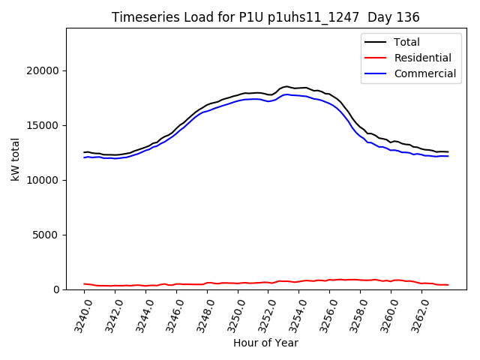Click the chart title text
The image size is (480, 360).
pyautogui.click(x=265, y=17)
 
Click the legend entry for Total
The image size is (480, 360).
pyautogui.click(x=406, y=42)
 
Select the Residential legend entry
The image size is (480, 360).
pyautogui.click(x=422, y=58)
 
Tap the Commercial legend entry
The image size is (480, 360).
pyautogui.click(x=424, y=73)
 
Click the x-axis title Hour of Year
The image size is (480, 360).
pyautogui.click(x=265, y=343)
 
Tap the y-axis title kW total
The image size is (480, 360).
pyautogui.click(x=16, y=159)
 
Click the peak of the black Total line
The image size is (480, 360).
pyautogui.click(x=287, y=86)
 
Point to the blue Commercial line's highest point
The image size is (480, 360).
pyautogui.click(x=287, y=94)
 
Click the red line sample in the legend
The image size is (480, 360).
pyautogui.click(x=377, y=58)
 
